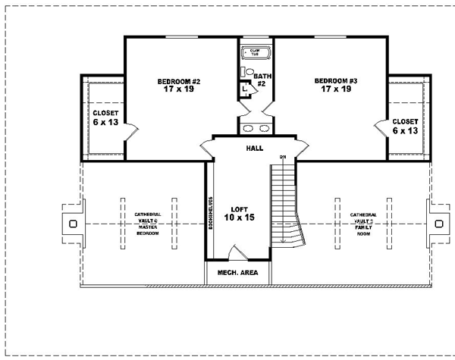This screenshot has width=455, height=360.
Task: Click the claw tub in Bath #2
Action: coord(251,53)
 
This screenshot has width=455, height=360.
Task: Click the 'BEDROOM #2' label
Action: coord(178,81)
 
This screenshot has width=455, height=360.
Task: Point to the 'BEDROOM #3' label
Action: coord(336,80)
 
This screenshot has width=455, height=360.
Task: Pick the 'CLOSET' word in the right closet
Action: coord(405,121)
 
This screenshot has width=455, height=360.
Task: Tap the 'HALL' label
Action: coord(254,149)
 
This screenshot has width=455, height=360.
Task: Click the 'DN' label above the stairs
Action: coord(282,157)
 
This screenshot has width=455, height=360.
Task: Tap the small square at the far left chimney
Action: coord(72,224)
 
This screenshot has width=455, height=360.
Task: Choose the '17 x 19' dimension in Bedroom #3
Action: coord(336,89)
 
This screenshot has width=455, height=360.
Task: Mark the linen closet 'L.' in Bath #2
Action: coord(245,87)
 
